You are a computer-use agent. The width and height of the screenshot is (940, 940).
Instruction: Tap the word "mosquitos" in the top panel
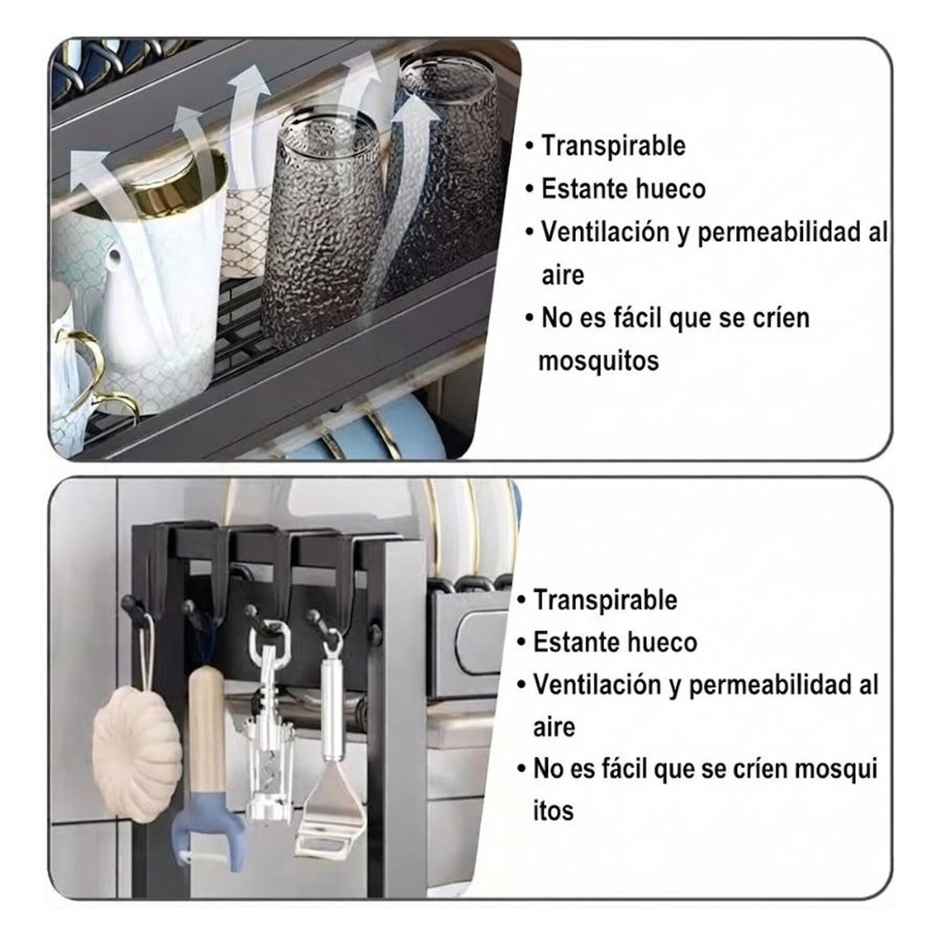(598, 361)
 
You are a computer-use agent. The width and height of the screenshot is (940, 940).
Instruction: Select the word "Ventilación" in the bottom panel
(601, 684)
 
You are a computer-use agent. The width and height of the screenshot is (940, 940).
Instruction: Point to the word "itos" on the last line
(553, 810)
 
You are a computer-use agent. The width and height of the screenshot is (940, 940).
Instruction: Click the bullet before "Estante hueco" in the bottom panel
(521, 643)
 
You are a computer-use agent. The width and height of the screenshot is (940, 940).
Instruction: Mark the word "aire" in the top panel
(562, 275)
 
